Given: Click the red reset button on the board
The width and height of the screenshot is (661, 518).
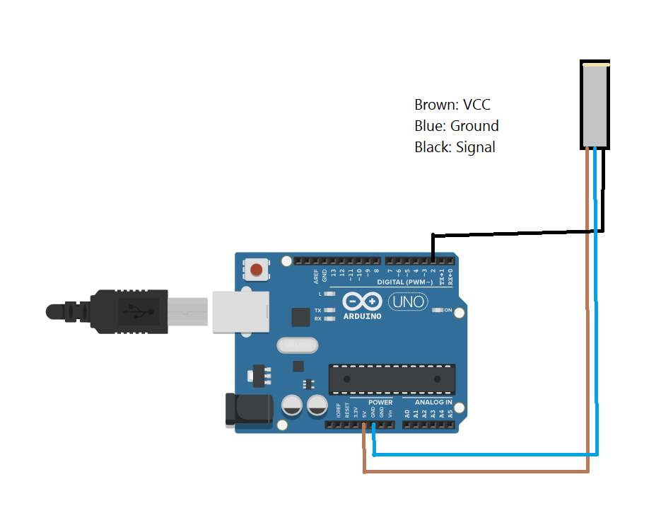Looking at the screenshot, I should [257, 270].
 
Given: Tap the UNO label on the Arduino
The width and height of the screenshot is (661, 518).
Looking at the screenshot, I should [408, 302].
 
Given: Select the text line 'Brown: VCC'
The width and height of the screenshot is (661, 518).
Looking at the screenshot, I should [452, 105].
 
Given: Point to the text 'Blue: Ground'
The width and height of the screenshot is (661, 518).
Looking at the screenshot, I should [456, 126].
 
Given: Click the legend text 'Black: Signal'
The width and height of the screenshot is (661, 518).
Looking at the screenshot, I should [455, 147].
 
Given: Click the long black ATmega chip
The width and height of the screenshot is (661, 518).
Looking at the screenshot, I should [392, 379].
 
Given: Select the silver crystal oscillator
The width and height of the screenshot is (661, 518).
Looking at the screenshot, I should [297, 345].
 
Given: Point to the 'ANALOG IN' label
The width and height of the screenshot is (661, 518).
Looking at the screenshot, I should [433, 402].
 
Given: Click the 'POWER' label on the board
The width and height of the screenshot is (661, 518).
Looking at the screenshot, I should [380, 402].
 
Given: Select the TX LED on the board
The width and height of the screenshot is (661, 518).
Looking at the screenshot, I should [328, 311].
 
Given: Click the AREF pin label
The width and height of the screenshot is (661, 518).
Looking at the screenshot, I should [316, 275].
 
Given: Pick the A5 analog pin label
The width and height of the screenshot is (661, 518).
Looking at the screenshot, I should [450, 413].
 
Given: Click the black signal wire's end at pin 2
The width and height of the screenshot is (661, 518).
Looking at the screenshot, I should [433, 260].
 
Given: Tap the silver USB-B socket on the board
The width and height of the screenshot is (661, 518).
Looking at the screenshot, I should [241, 311].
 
